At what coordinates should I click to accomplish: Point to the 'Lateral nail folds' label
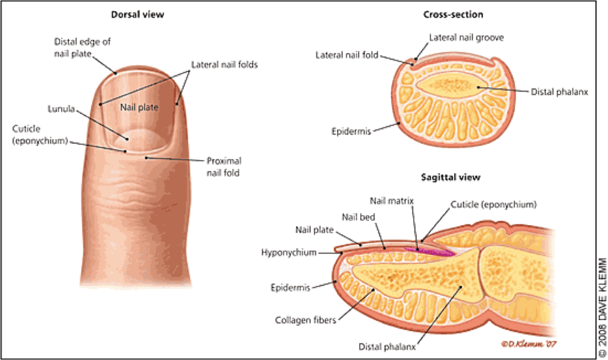tap(224, 65)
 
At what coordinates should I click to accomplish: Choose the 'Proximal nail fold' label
tap(224, 166)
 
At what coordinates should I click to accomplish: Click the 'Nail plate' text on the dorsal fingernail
tap(139, 107)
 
